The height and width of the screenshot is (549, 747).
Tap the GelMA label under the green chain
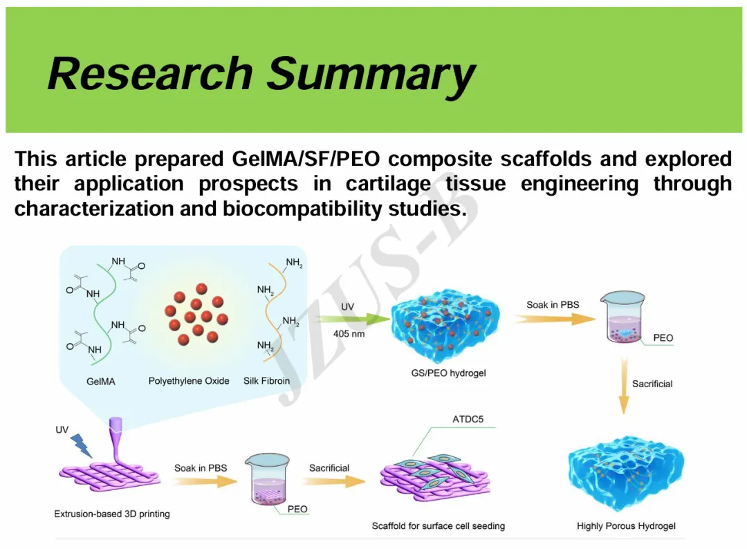[x=101, y=381]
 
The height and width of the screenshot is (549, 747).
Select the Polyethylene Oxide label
[x=189, y=381]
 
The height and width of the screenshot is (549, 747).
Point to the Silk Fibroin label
[x=266, y=381]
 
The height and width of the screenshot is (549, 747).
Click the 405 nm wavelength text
[x=349, y=334]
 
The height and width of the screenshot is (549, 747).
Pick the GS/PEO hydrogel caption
[x=448, y=373]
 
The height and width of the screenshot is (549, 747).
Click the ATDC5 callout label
[x=468, y=420]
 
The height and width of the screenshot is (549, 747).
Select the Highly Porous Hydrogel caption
[x=626, y=526]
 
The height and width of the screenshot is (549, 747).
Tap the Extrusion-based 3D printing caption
[x=112, y=514]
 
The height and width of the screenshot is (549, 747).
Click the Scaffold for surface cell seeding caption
[x=439, y=526]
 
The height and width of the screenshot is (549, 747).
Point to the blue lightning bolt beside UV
[x=82, y=445]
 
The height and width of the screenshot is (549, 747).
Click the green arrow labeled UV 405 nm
[x=349, y=319]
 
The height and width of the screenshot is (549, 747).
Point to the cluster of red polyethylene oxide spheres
[x=196, y=313]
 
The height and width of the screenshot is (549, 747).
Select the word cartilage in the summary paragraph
[x=388, y=184]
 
